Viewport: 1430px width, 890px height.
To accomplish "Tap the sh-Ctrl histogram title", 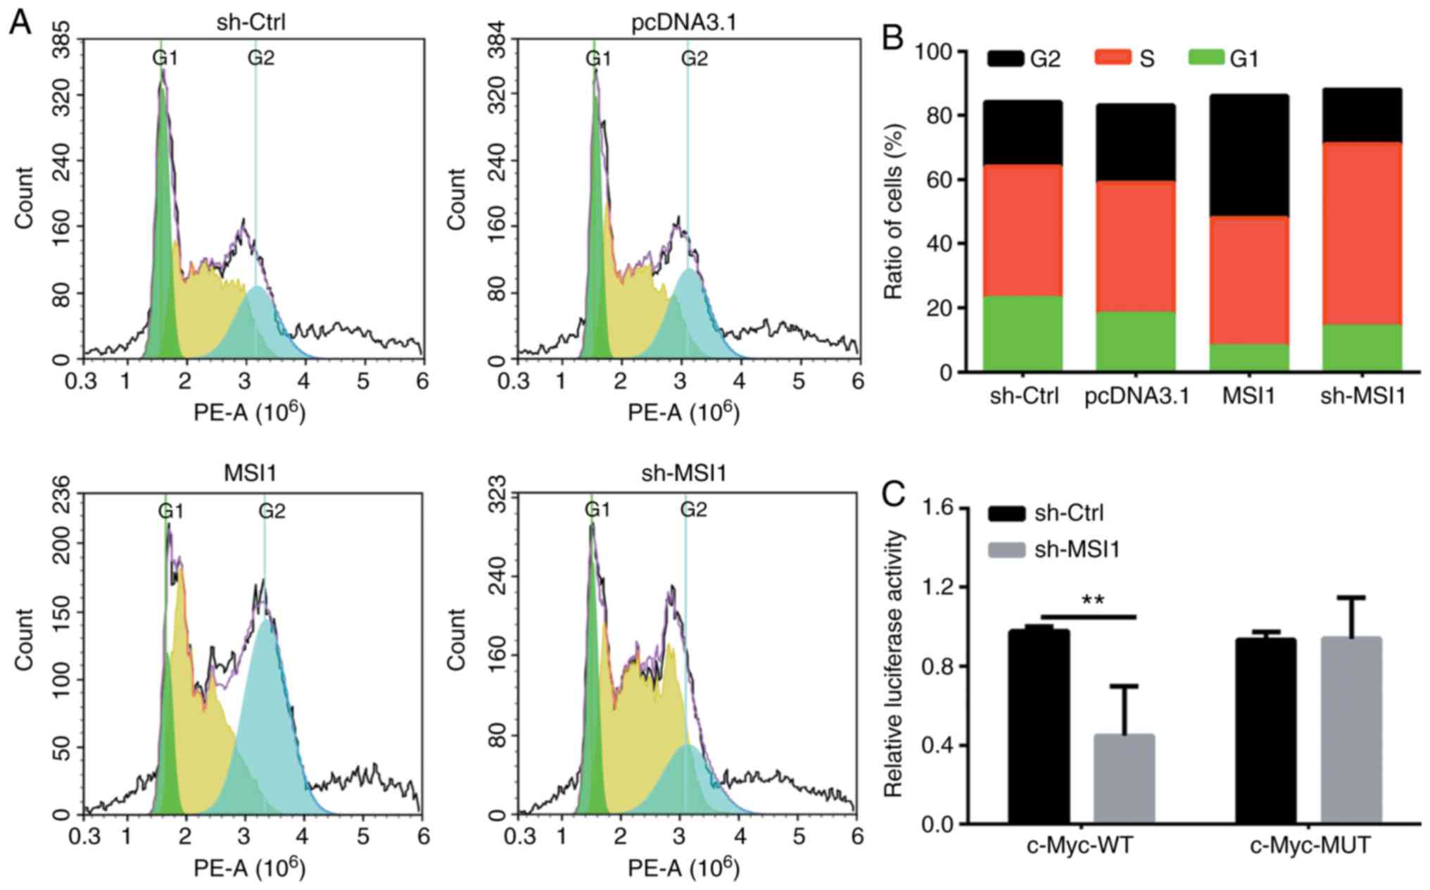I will click(251, 23).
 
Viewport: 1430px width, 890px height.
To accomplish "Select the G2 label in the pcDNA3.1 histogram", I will click(694, 58).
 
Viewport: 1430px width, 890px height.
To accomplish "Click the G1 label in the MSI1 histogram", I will click(170, 511).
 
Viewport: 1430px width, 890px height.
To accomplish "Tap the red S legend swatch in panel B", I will click(1113, 57).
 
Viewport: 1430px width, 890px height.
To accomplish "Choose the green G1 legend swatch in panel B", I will click(1206, 57).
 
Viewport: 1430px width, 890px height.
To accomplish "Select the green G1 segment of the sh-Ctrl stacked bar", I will click(1022, 332).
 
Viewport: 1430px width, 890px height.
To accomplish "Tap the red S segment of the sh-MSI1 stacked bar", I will click(1362, 232).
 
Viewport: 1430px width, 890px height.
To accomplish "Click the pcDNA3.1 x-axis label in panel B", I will click(1136, 396).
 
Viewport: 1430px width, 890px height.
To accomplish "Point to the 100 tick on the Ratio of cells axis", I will click(933, 52).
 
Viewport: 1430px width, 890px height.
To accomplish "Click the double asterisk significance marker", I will click(1092, 601).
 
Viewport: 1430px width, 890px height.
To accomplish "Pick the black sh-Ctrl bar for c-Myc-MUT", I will click(1265, 729).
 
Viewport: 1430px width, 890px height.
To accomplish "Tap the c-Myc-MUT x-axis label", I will click(1310, 845).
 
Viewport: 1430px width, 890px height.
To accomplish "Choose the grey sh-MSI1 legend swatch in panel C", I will click(1006, 550).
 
